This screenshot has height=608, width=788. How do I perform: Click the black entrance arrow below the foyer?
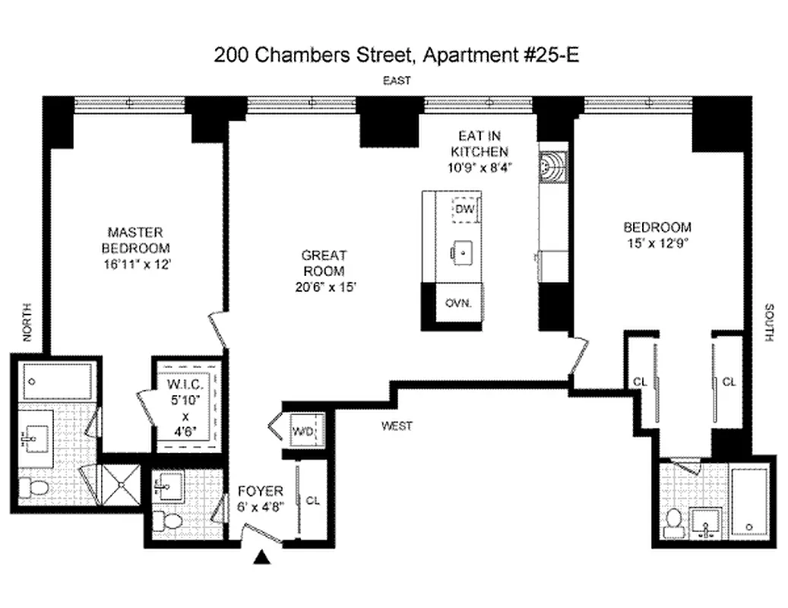pyautogui.click(x=262, y=559)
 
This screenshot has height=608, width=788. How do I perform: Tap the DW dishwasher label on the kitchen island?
pyautogui.click(x=464, y=208)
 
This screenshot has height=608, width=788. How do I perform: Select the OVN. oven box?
pyautogui.click(x=459, y=302)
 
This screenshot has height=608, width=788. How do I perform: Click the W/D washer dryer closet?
pyautogui.click(x=302, y=432)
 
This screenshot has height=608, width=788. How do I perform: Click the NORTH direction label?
pyautogui.click(x=28, y=322)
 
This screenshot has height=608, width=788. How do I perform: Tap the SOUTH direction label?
pyautogui.click(x=769, y=322)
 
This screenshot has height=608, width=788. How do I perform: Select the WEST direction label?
pyautogui.click(x=397, y=426)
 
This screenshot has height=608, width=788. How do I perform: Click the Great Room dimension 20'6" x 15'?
pyautogui.click(x=324, y=287)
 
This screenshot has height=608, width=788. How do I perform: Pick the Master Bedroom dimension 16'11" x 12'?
pyautogui.click(x=135, y=264)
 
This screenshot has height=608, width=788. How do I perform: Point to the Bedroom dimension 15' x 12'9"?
pyautogui.click(x=657, y=243)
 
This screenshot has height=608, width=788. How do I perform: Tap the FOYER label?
pyautogui.click(x=261, y=491)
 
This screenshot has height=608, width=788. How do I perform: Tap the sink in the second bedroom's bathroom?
pyautogui.click(x=708, y=524)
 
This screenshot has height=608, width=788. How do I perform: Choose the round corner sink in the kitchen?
pyautogui.click(x=552, y=164)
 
